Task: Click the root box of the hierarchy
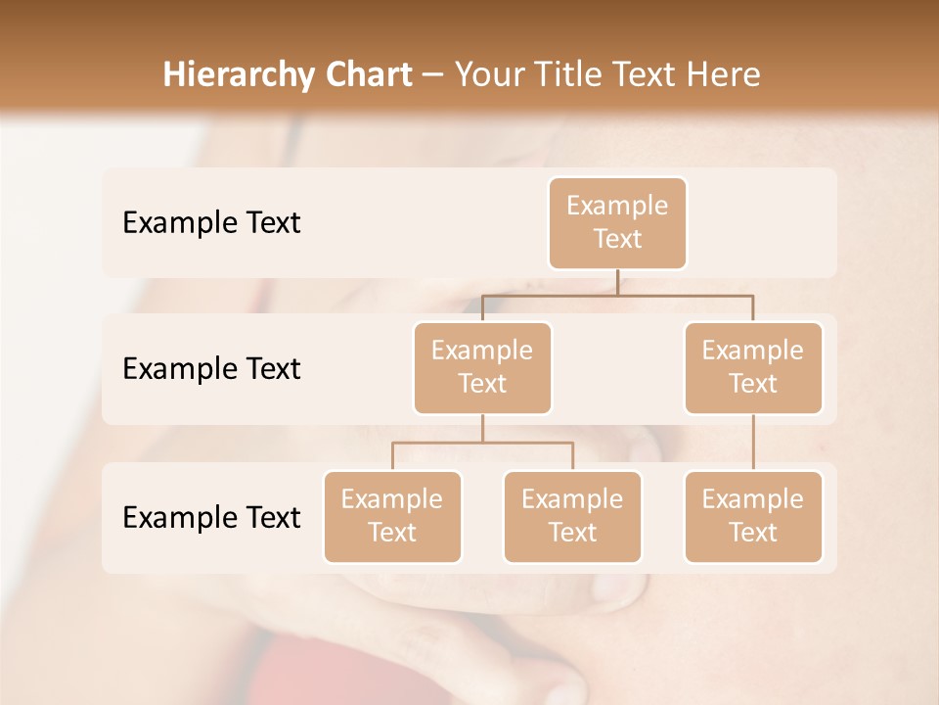click(617, 222)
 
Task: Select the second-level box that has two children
click(482, 367)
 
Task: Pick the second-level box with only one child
click(753, 367)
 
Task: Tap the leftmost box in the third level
click(392, 516)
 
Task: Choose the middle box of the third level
click(572, 516)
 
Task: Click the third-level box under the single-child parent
click(753, 516)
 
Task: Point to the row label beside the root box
click(211, 222)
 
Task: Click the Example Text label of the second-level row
click(211, 368)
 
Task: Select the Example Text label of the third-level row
click(211, 517)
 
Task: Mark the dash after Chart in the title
click(432, 75)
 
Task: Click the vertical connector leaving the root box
click(617, 282)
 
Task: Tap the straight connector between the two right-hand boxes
click(753, 443)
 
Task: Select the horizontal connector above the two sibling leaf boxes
click(482, 443)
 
